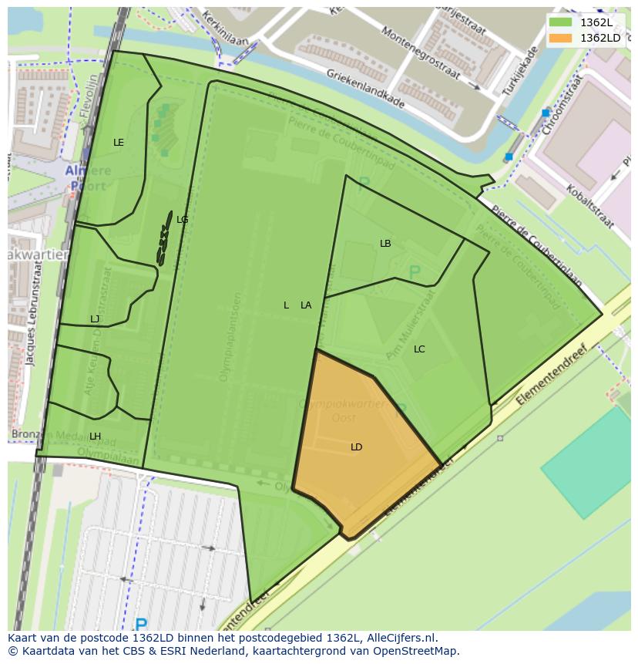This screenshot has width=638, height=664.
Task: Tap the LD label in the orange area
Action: tap(356, 447)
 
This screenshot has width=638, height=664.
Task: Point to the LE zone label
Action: tap(119, 143)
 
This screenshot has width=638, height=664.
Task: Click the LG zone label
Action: tap(182, 220)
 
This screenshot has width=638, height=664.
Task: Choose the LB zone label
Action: tap(385, 244)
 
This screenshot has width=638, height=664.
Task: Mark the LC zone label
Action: tap(419, 349)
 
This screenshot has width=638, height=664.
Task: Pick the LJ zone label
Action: tap(95, 319)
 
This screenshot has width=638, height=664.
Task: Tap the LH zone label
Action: tap(95, 436)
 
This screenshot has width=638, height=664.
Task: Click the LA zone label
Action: tap(306, 305)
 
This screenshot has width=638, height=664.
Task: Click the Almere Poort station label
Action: tap(86, 178)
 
